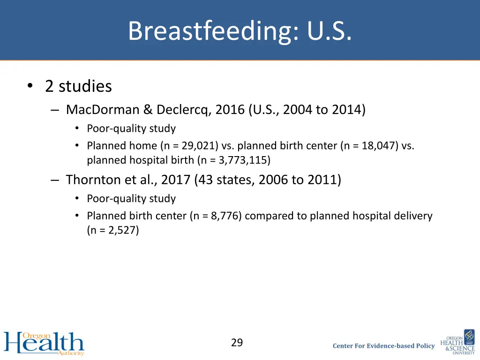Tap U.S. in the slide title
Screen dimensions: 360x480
point(329,31)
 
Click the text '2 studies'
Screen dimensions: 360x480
point(78,86)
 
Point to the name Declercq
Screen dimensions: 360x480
point(184,110)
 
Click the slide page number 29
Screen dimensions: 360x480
point(237,343)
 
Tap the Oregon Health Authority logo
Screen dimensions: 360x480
point(44,343)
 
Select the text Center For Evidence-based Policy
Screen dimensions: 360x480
point(383,346)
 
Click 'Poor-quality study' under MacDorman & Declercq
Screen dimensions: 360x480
point(131,128)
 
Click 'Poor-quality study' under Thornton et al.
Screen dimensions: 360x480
point(131,199)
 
